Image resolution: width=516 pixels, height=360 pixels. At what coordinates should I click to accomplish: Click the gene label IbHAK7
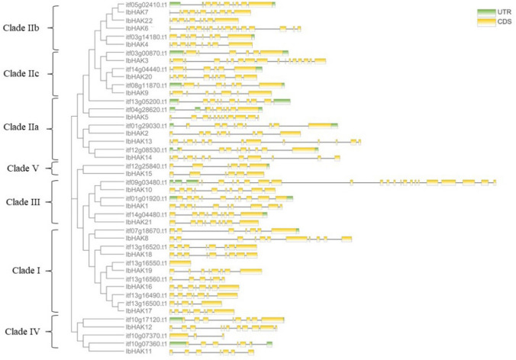click(137, 12)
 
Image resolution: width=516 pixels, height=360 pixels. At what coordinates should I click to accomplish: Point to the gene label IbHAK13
click(139, 141)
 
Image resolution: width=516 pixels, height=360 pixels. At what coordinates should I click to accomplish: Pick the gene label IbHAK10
click(139, 190)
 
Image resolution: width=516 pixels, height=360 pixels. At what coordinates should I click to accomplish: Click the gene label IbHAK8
click(137, 238)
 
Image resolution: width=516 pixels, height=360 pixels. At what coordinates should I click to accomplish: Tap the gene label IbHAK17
click(139, 311)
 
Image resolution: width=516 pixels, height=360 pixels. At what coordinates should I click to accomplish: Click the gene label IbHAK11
click(139, 352)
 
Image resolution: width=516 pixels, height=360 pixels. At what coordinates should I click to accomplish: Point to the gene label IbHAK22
click(139, 21)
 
